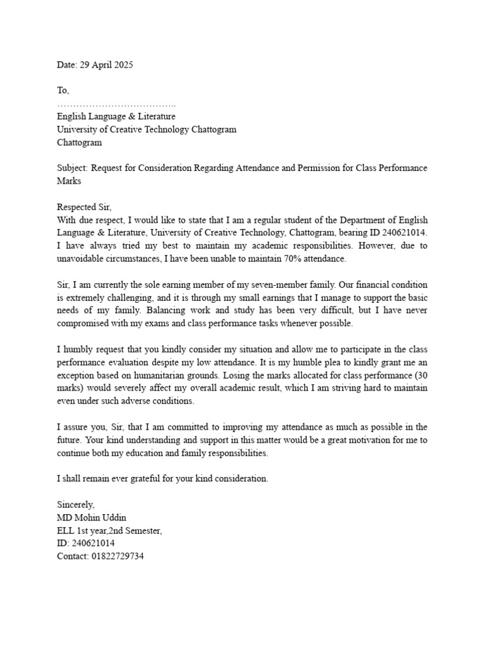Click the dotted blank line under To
pyautogui.click(x=116, y=104)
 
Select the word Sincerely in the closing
pyautogui.click(x=75, y=505)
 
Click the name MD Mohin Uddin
pyautogui.click(x=92, y=518)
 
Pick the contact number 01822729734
pyautogui.click(x=117, y=557)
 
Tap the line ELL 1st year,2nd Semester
pyautogui.click(x=109, y=531)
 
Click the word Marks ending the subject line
pyautogui.click(x=69, y=181)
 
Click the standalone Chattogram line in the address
pyautogui.click(x=79, y=142)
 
